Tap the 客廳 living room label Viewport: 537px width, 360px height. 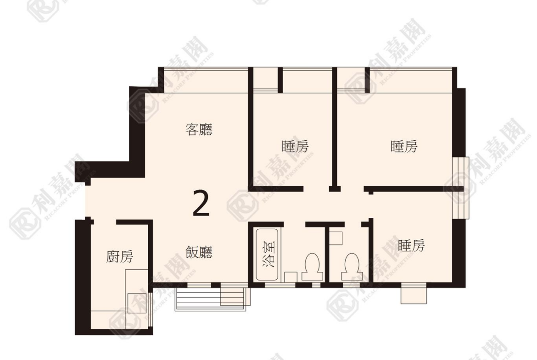(x=199, y=129)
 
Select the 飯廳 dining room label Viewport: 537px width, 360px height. (x=199, y=252)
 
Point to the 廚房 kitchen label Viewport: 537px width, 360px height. (x=119, y=256)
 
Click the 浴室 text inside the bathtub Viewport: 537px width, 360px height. (x=269, y=254)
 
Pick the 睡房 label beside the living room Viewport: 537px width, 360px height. (x=295, y=146)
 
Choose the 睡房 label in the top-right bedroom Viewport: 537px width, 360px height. (x=404, y=146)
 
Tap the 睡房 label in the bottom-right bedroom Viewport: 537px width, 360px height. (x=411, y=245)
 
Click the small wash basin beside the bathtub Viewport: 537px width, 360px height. (x=291, y=277)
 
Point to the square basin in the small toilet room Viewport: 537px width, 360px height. (x=336, y=238)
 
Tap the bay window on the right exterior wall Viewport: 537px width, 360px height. (x=461, y=188)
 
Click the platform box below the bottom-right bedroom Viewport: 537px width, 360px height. (x=414, y=294)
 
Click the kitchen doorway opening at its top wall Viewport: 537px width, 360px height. (x=105, y=222)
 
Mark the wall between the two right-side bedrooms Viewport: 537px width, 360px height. (x=414, y=188)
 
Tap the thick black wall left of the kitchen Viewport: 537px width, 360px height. (x=83, y=277)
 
